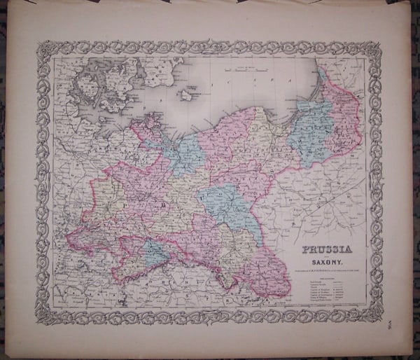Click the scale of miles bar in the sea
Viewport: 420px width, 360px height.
(x=244, y=67)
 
